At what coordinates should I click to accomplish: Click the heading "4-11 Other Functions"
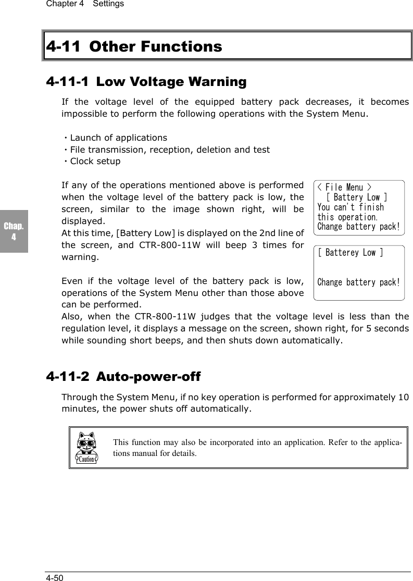pos(134,47)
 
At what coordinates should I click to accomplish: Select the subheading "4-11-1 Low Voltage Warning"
pos(146,82)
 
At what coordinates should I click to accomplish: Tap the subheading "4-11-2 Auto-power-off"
pos(123,376)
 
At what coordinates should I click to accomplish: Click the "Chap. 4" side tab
pos(14,232)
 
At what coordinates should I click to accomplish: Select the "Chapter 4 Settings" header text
pos(85,4)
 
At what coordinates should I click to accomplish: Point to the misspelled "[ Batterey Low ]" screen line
pos(350,253)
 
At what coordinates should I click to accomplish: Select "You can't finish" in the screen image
pos(350,207)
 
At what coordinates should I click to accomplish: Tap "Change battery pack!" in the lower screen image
pos(359,282)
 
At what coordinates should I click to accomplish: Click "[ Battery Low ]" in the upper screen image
pos(356,197)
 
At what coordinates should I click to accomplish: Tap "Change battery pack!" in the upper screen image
pos(359,227)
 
